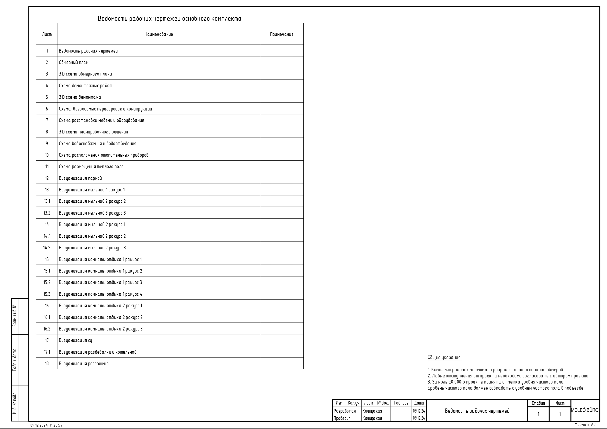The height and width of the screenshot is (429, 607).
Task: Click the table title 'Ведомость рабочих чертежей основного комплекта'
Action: [170, 19]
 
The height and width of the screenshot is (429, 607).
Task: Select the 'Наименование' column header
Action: [159, 34]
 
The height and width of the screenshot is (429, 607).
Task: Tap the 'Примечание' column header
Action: [282, 34]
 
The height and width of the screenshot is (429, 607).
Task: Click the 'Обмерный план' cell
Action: [74, 62]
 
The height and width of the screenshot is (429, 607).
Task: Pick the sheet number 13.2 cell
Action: [47, 213]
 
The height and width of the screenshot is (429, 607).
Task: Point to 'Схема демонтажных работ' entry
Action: [85, 86]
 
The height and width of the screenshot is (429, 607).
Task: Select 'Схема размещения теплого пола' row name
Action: [91, 167]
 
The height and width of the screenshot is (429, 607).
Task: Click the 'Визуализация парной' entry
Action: [80, 178]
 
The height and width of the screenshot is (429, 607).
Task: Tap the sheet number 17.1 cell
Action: [47, 352]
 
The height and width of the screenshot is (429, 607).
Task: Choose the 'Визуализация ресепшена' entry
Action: [84, 364]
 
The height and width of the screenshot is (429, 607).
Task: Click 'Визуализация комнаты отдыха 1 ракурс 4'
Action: [101, 294]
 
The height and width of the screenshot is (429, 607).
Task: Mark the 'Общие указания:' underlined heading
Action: [444, 358]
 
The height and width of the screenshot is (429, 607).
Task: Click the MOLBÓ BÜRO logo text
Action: [584, 410]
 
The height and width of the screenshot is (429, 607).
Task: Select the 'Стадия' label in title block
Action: [538, 403]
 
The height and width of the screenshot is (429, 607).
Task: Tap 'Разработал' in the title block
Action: [345, 411]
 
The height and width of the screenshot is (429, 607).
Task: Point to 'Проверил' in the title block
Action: [342, 418]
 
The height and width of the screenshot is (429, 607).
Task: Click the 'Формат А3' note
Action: [585, 425]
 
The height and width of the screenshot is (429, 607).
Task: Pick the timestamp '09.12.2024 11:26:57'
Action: [46, 425]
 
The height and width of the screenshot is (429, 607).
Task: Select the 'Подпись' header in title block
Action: [401, 403]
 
